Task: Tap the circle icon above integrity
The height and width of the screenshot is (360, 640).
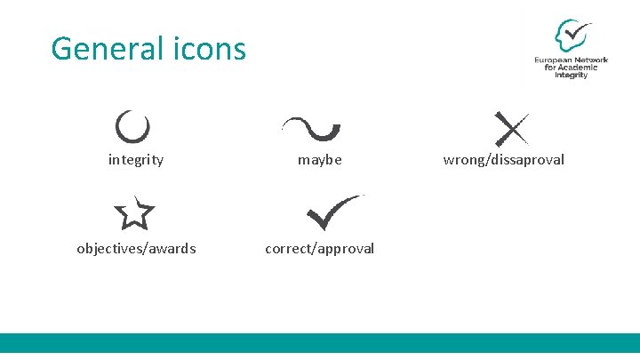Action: point(132,127)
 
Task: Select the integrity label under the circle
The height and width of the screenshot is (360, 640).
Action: point(135,160)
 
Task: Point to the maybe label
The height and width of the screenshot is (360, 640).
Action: point(319,160)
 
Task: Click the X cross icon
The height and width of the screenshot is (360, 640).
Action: point(511,129)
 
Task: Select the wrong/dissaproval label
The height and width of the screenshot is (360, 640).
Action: point(503,160)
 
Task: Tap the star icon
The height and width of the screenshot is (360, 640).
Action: point(134,212)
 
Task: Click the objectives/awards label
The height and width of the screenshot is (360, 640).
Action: point(136,248)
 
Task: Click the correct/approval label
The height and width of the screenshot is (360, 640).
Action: point(319,248)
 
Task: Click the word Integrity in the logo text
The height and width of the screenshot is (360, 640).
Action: point(572,76)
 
